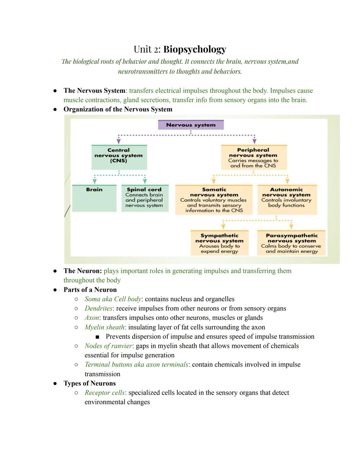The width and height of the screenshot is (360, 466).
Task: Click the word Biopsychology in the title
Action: click(x=195, y=49)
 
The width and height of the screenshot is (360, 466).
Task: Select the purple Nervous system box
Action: click(x=191, y=125)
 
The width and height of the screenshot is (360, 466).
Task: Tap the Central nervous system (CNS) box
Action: click(x=119, y=157)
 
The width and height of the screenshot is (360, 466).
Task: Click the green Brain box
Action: click(x=94, y=198)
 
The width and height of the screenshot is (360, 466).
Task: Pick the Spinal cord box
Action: click(x=145, y=198)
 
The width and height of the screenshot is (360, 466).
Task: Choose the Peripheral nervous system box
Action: click(x=253, y=157)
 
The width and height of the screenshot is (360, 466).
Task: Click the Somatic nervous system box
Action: click(x=214, y=199)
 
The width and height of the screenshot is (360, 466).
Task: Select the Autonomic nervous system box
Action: click(x=287, y=199)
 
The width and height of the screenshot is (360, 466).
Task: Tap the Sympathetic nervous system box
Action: click(x=219, y=243)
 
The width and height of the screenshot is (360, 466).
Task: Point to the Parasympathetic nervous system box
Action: click(x=291, y=243)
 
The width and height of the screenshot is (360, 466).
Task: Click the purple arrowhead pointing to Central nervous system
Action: click(x=118, y=141)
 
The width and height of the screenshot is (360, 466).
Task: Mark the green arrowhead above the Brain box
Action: click(x=95, y=181)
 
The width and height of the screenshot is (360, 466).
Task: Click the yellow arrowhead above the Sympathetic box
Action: click(x=223, y=226)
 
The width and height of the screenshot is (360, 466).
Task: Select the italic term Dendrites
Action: click(x=98, y=309)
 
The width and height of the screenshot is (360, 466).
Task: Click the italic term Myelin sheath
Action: click(x=104, y=327)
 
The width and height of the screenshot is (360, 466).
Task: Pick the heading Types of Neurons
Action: click(x=90, y=383)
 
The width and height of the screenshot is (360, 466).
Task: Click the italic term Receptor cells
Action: click(x=104, y=393)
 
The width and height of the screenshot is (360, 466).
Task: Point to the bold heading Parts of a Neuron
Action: click(x=90, y=290)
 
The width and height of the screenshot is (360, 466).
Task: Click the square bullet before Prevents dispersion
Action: click(x=97, y=337)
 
